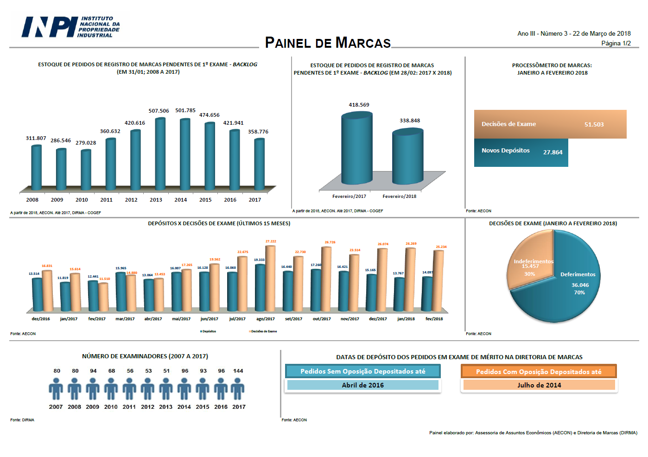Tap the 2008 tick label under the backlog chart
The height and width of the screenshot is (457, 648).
click(32, 200)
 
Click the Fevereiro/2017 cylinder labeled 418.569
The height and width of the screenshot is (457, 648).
click(356, 148)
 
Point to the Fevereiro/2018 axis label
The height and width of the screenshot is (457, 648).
click(399, 197)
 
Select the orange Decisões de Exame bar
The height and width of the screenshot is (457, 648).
click(550, 124)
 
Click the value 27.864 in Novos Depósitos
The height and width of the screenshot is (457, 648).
click(553, 152)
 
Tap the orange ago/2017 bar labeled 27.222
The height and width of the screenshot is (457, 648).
click(270, 278)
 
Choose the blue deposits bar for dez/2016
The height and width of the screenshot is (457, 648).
click(37, 294)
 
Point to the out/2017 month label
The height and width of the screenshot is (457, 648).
click(322, 319)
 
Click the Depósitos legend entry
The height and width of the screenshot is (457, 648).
click(209, 331)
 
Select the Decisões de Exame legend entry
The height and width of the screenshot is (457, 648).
click(263, 331)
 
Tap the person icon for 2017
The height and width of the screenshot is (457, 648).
click(238, 388)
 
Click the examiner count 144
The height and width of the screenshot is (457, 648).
click(238, 371)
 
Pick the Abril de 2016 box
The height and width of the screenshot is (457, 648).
click(362, 385)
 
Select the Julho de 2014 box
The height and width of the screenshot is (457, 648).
click(539, 385)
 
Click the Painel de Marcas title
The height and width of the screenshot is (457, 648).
click(328, 43)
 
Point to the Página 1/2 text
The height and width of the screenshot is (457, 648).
click(616, 43)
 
